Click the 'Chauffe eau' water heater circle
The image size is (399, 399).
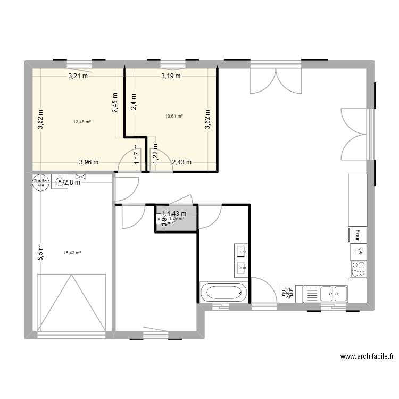[x=40, y=182]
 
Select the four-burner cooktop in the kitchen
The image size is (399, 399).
[x=358, y=269]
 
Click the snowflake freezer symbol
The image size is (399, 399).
[x=287, y=294]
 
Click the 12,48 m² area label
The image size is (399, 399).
[x=82, y=122]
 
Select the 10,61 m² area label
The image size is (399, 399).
[x=174, y=116]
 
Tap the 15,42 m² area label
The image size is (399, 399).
[x=72, y=253]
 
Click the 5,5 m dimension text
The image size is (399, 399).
[x=40, y=251]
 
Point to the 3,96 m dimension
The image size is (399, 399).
[x=89, y=163]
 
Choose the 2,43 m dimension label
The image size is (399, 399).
[x=181, y=163]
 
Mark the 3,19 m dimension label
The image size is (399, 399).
[x=171, y=76]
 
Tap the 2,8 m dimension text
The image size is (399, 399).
[x=72, y=182]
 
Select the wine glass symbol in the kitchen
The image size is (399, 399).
[x=358, y=250]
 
